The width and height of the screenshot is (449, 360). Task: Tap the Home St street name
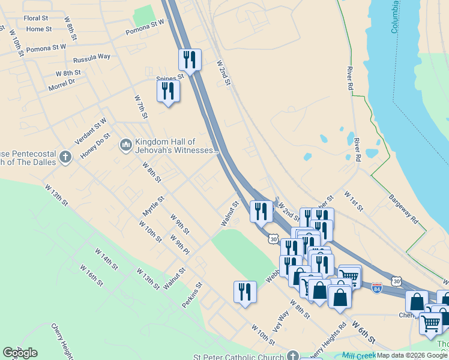tap(39, 29)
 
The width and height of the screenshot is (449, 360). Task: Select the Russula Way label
tap(92, 58)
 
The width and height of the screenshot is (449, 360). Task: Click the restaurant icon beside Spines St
tap(168, 91)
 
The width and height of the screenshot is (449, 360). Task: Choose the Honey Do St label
tap(95, 145)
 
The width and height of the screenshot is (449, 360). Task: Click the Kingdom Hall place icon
tap(126, 145)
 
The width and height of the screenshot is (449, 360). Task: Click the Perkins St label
tap(193, 296)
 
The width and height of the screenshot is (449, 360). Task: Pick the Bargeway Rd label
tap(403, 208)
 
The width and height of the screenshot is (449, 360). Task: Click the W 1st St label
tap(354, 201)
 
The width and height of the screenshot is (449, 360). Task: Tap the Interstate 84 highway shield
tap(376, 288)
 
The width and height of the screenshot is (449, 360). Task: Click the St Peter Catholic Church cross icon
tap(292, 356)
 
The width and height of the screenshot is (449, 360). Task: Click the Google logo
tap(20, 353)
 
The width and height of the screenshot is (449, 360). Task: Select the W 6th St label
tap(363, 332)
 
